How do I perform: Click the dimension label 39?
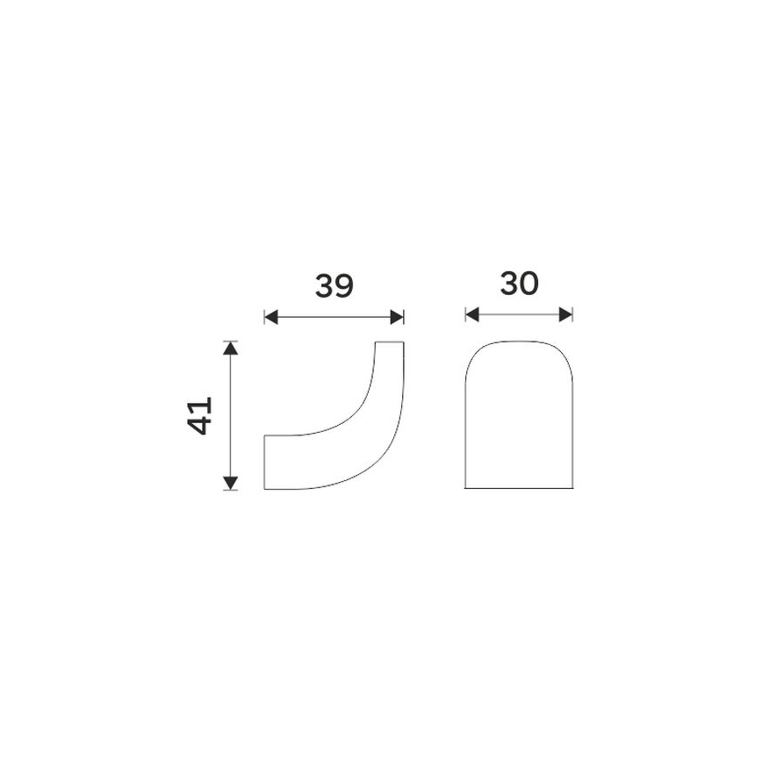334,286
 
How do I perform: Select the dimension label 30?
519,284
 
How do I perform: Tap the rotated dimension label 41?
201,415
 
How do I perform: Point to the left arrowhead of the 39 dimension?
270,317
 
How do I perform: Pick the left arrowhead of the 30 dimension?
471,313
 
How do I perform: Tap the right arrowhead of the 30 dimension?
567,313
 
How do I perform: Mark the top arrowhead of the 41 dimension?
231,347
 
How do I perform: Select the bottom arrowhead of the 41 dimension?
231,483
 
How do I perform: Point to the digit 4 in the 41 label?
201,425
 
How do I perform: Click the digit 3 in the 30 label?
507,284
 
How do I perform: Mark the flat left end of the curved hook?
265,462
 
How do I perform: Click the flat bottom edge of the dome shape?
519,489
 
